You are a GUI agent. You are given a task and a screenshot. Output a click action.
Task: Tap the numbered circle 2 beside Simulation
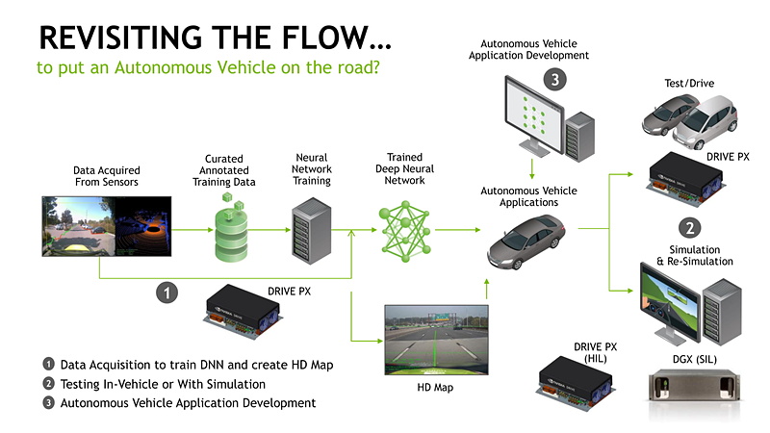(689, 228)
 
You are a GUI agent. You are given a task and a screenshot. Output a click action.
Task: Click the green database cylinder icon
(230, 227)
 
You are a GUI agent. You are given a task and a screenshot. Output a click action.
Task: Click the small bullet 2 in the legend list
(48, 383)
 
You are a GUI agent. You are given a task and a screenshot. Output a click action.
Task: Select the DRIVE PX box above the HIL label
(582, 380)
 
